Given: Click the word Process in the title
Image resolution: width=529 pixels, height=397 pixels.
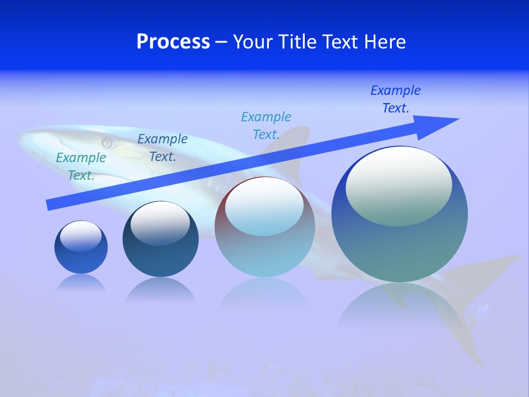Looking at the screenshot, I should point(173,42).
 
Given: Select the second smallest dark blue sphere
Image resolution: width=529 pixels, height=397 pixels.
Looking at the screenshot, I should point(160,239).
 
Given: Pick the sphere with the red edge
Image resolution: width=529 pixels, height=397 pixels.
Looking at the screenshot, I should point(264,226).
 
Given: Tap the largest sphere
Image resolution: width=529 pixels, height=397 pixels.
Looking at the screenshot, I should point(400,214).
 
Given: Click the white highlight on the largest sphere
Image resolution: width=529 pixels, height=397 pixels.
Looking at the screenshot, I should point(398,185).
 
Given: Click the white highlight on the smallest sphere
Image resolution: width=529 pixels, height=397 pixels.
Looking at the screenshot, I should point(80,235).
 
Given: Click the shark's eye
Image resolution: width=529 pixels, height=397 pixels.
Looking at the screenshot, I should point(107,143).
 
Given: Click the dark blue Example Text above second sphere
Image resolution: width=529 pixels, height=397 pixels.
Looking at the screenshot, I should point(163,148).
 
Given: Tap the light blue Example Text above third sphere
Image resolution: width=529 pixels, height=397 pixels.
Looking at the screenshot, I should point(266,126).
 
